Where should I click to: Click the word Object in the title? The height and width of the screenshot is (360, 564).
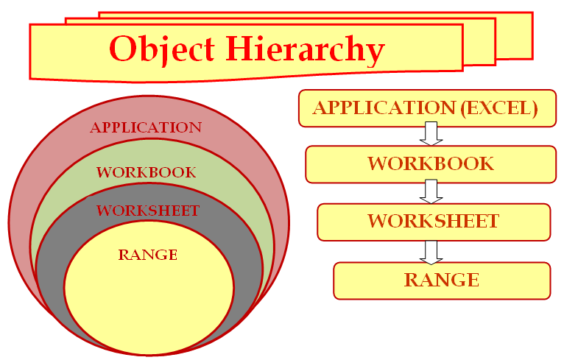[162, 49]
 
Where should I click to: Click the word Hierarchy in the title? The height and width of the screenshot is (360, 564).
[306, 49]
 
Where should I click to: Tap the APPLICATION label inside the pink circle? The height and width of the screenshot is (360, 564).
[146, 127]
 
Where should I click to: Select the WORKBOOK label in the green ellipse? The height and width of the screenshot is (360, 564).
[146, 172]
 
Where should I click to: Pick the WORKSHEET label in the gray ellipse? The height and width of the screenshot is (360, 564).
[148, 211]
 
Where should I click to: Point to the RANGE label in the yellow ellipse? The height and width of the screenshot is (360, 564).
[148, 255]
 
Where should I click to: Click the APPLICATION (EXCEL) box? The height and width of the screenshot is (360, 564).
[427, 108]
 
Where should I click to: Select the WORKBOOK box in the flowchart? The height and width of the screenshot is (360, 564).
[431, 164]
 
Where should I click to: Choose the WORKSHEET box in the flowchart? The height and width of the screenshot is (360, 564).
[434, 222]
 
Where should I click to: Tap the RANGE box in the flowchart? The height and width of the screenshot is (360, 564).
[442, 280]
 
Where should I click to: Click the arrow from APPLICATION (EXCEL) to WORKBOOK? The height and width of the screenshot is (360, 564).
[431, 133]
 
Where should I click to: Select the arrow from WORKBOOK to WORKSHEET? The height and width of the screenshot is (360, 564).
[431, 191]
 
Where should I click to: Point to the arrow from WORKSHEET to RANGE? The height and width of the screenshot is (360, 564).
[431, 253]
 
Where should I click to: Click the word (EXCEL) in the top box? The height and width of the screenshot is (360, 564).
[499, 108]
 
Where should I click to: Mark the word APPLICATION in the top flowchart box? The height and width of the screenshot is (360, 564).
[384, 108]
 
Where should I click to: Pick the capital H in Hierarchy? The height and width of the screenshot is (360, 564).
[240, 48]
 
